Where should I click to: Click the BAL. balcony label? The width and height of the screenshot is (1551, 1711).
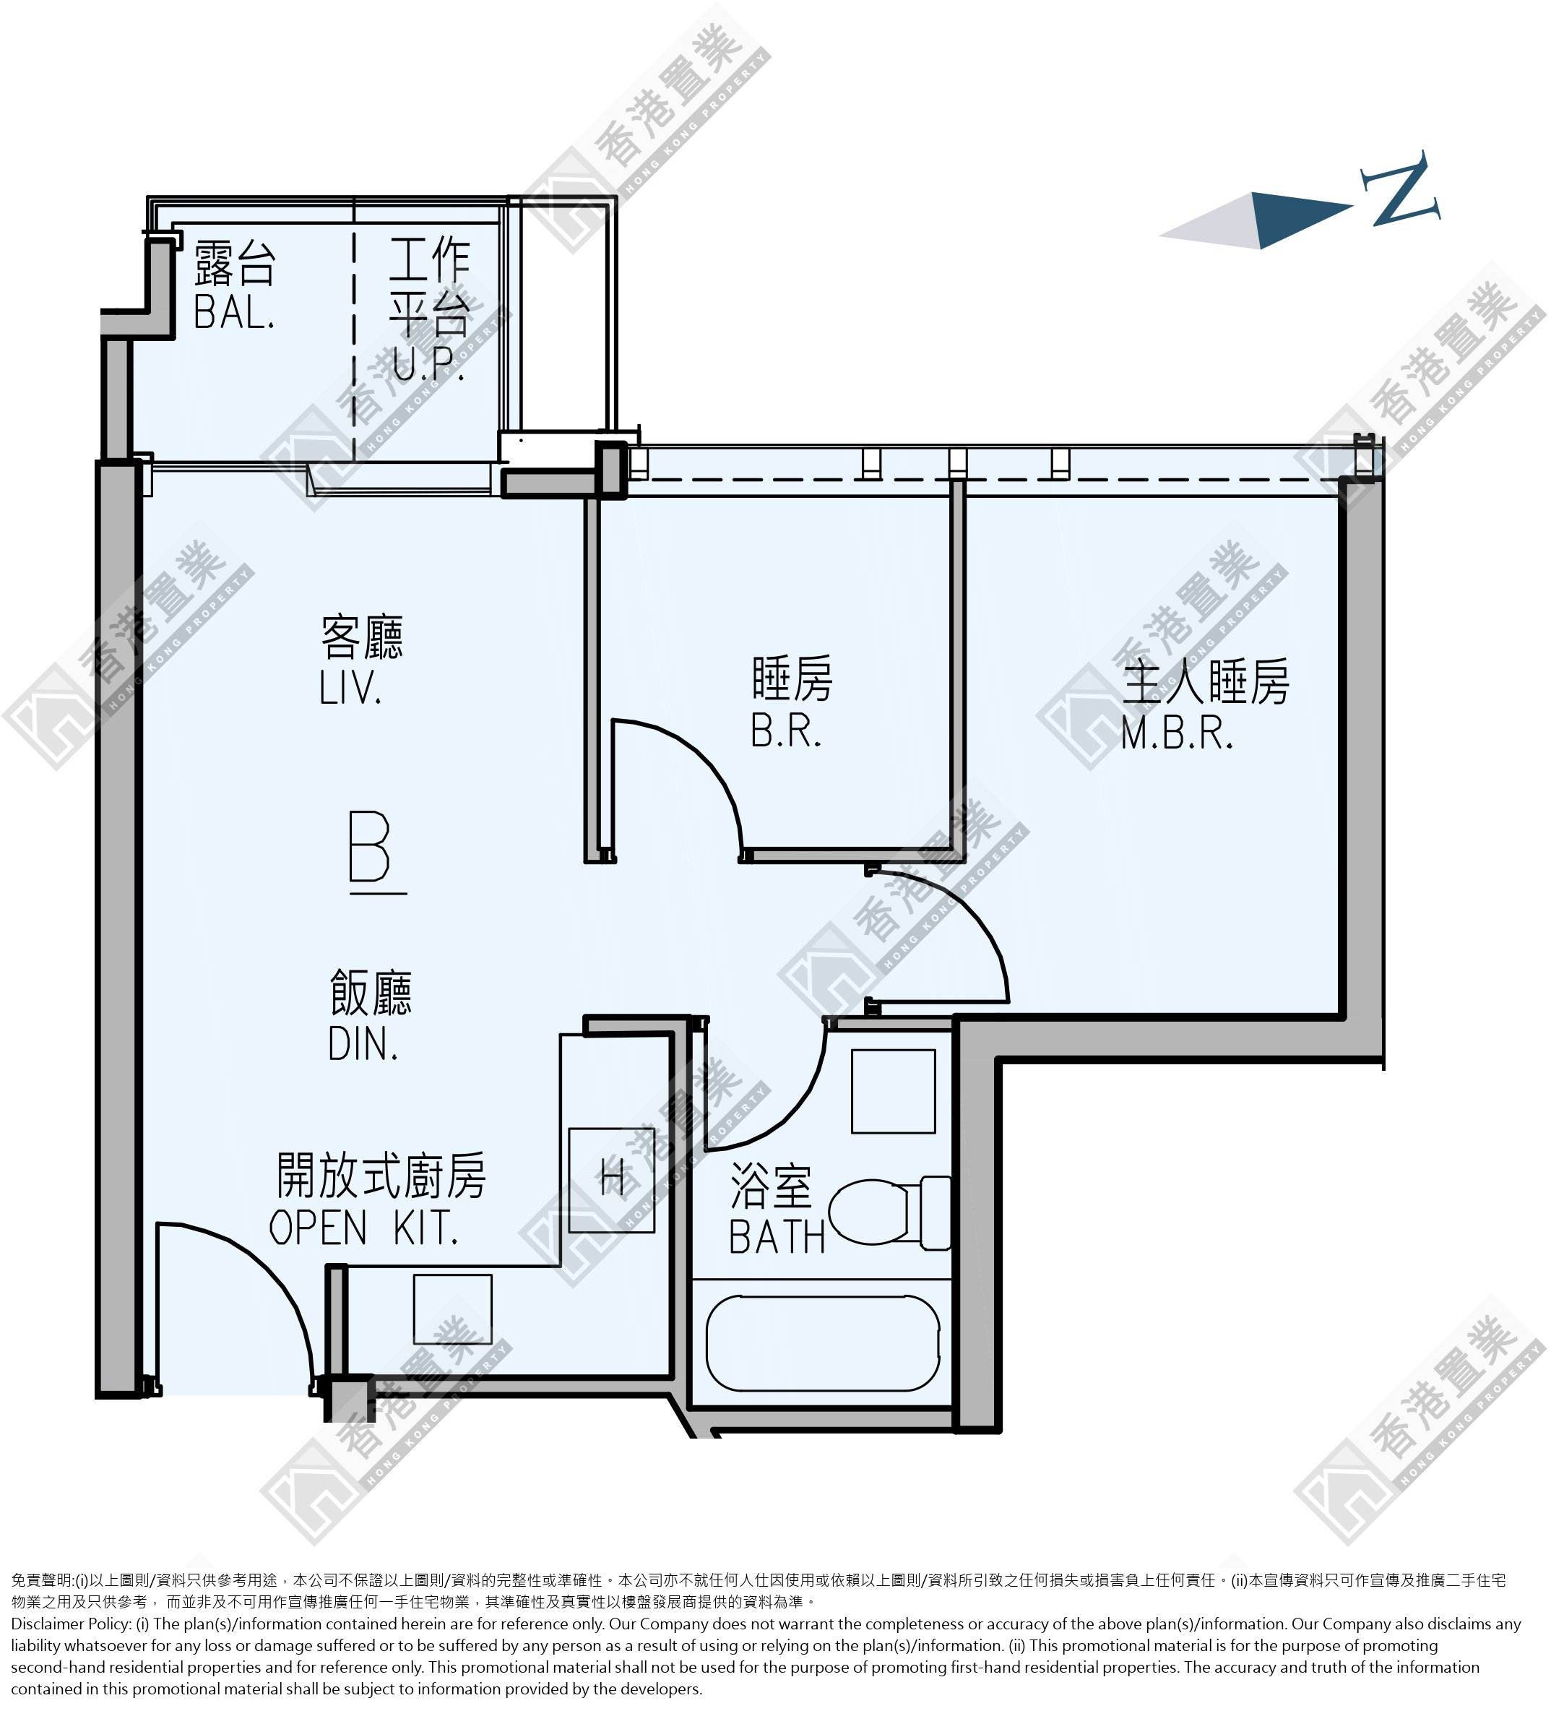coord(234,311)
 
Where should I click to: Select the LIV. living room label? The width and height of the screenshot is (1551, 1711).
coord(350,687)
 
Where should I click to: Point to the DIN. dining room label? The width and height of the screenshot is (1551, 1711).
coord(363,1044)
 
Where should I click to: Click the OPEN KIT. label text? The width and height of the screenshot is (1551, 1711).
coord(364,1228)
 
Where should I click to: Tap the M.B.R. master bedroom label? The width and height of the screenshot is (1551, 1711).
coord(1177,733)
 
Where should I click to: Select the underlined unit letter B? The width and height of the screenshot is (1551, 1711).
coord(371,849)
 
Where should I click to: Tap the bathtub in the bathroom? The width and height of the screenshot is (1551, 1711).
coord(823,1342)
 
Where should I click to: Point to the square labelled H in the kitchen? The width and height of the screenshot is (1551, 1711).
coord(612,1180)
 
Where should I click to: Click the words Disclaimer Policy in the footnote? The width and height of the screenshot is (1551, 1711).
coord(70,1624)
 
